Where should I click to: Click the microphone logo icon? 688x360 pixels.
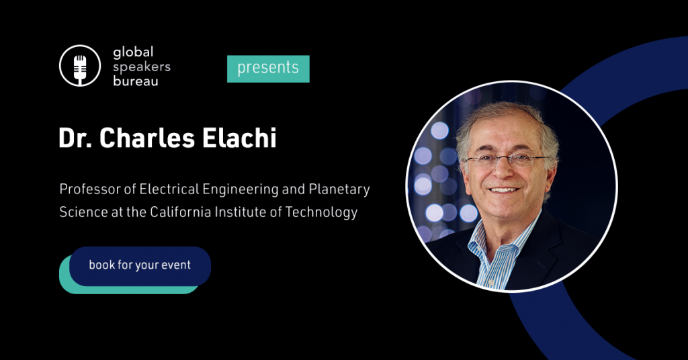pos(80,66)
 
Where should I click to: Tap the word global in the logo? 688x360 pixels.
pos(133,52)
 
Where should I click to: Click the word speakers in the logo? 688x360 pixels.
pos(142,66)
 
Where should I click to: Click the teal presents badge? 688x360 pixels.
pos(268,69)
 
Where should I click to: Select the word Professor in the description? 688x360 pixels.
pos(88,189)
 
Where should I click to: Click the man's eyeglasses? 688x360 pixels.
pos(505,161)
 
